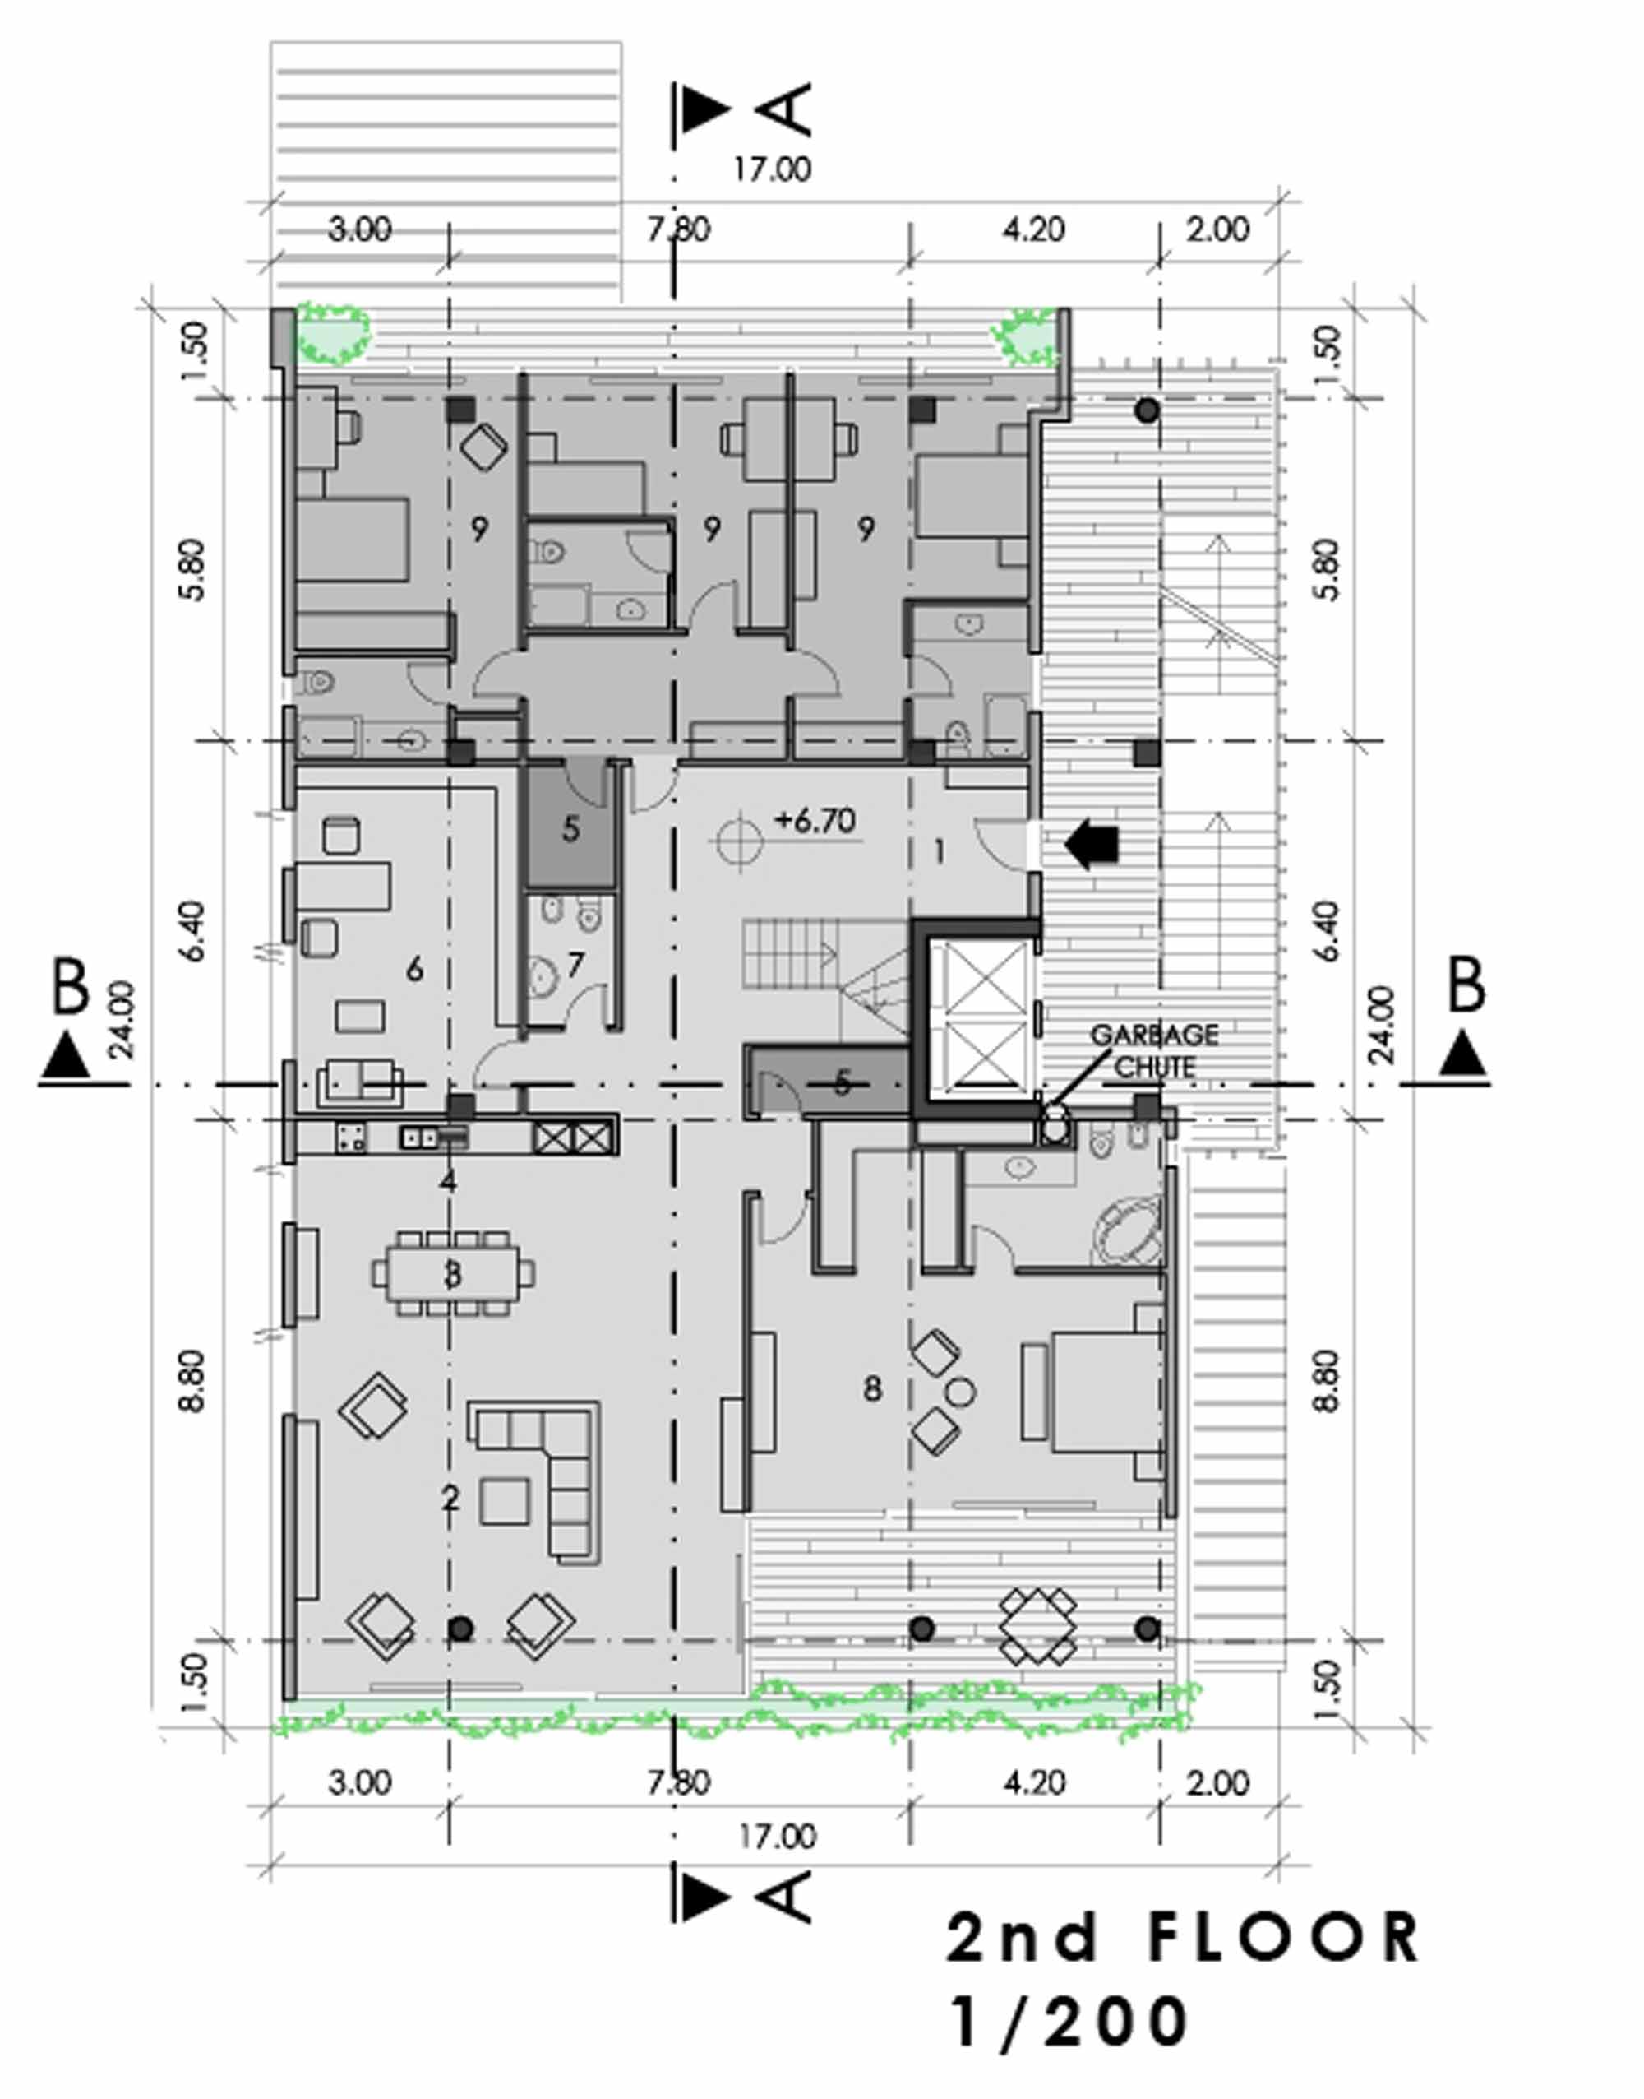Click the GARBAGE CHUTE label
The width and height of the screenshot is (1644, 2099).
[x=1154, y=1050]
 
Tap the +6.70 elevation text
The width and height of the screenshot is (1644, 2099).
[x=815, y=822]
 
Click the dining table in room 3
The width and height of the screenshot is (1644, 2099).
[x=452, y=1274]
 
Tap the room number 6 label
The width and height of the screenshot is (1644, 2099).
[x=415, y=969]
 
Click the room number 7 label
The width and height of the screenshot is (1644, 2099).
[x=575, y=965]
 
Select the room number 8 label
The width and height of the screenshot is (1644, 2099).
[x=872, y=1388]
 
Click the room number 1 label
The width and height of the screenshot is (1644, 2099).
[x=940, y=851]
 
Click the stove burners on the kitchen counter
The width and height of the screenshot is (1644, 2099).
[x=350, y=1138]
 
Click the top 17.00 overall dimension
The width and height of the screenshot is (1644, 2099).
[x=772, y=169]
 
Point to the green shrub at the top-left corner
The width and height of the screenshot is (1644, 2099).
[x=332, y=333]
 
